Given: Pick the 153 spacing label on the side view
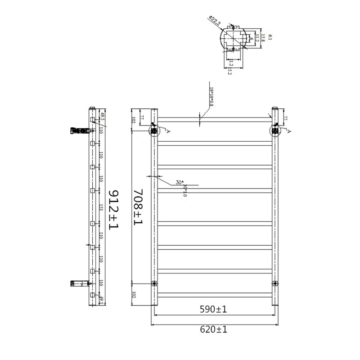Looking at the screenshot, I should point(101,207).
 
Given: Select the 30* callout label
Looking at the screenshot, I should point(180,182).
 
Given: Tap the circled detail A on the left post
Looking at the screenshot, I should point(154,130).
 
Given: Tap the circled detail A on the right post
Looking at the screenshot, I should point(275,130).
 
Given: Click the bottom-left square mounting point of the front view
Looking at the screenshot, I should point(154,283).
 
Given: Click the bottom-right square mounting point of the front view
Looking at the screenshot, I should point(275,283).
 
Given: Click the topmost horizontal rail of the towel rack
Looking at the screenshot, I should point(215,119).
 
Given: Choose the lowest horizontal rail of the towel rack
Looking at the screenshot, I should point(215,295).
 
